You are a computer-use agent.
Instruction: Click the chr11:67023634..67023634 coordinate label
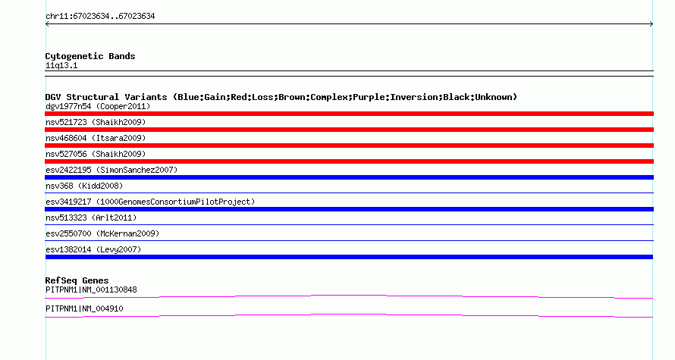(100, 17)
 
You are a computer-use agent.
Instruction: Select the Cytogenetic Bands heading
(90, 56)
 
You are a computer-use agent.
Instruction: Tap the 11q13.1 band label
(61, 66)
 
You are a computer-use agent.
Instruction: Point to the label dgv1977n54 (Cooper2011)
(98, 107)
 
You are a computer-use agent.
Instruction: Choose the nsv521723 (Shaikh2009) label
(96, 123)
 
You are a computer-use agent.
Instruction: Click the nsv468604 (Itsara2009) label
(96, 139)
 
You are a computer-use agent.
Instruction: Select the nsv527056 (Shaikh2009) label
(96, 155)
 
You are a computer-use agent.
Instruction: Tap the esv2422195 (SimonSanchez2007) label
(111, 171)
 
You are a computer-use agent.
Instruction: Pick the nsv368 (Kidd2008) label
(84, 186)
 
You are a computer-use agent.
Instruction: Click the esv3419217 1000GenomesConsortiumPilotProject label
(150, 202)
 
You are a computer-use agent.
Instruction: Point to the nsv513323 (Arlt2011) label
(91, 218)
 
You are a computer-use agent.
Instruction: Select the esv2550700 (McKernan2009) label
(102, 234)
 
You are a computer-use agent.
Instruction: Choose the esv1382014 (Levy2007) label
(93, 250)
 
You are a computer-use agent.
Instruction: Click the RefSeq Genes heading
(77, 281)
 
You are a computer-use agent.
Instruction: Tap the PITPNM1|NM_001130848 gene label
(91, 290)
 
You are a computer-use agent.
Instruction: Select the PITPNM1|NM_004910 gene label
(84, 309)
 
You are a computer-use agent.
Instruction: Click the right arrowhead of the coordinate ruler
(651, 24)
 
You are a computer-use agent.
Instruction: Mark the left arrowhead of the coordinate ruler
(47, 24)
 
